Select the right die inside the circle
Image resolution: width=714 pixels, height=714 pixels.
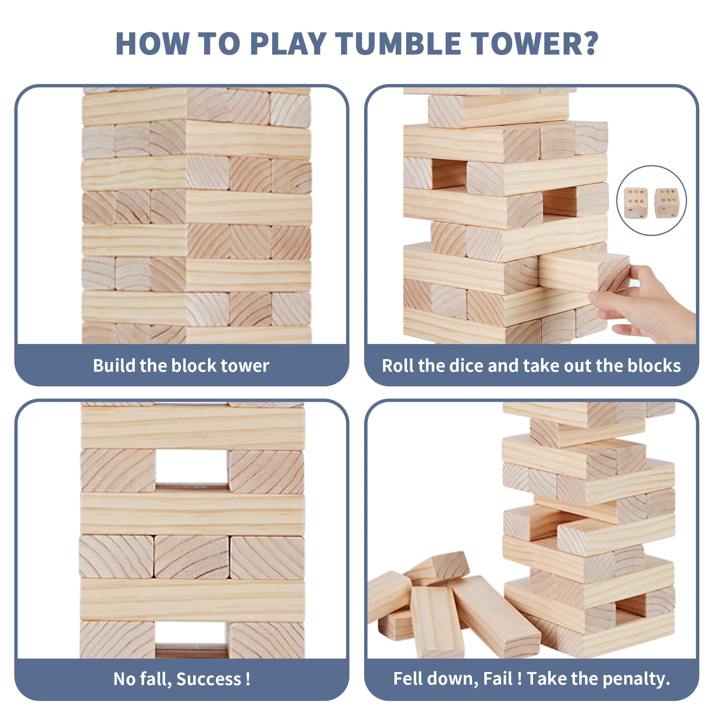tap(666, 203)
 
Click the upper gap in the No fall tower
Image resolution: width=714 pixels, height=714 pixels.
tap(192, 467)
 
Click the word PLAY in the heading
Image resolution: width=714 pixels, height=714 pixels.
tap(288, 43)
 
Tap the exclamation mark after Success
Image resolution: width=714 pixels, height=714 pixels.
tap(248, 679)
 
